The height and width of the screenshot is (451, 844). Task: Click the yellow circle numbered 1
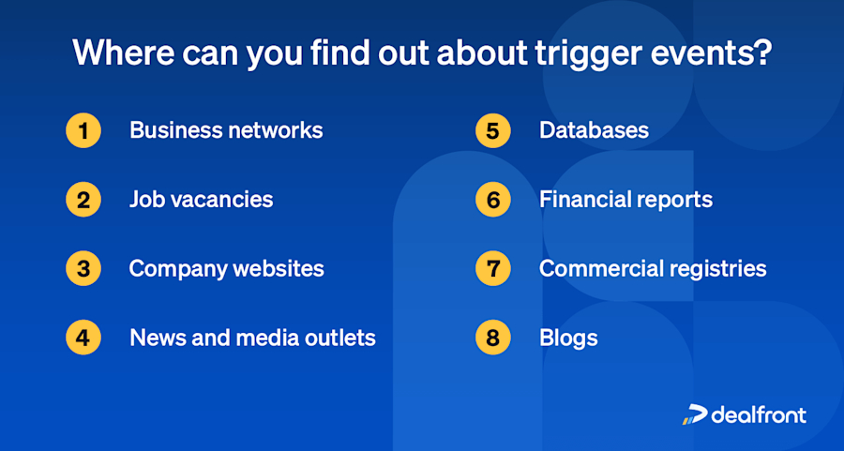[x=83, y=130]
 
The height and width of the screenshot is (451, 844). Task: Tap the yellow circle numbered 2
[x=83, y=200]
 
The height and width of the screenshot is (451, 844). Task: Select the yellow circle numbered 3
[x=83, y=269]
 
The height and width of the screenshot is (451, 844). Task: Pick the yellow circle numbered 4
[x=83, y=338]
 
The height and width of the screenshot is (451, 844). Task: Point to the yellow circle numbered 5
[x=493, y=130]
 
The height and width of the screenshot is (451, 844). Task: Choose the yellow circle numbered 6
[x=493, y=200]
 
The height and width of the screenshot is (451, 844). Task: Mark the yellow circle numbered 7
[x=493, y=269]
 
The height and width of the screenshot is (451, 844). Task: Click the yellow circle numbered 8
[x=493, y=338]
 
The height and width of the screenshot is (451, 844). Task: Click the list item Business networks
[x=225, y=130]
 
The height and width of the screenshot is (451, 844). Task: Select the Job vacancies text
[x=201, y=200]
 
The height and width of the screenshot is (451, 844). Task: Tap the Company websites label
[x=226, y=269]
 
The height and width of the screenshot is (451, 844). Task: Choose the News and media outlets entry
[x=252, y=338]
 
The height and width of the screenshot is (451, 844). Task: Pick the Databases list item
[x=594, y=130]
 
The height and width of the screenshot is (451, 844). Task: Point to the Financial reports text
[x=625, y=200]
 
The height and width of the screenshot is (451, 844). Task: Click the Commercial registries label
[x=653, y=269]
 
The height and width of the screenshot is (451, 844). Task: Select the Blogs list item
[x=568, y=338]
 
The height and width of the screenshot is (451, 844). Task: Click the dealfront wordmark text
[x=758, y=414]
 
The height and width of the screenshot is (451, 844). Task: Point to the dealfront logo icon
[x=694, y=414]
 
